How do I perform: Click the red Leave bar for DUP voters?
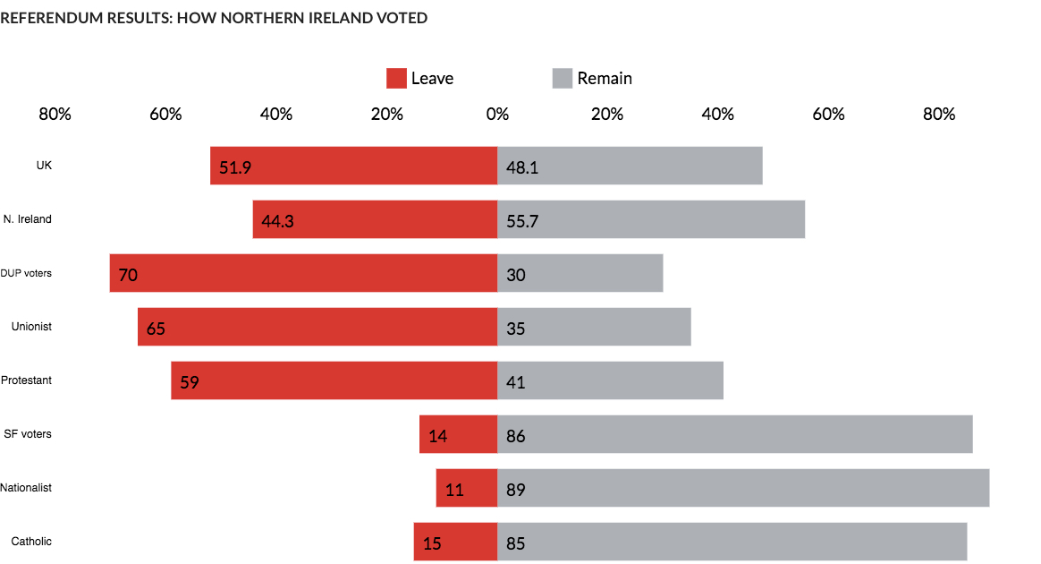(304, 273)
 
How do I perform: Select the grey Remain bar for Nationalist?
(742, 488)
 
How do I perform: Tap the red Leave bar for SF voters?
(458, 434)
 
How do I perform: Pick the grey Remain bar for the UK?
(630, 166)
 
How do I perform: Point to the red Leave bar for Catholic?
(455, 542)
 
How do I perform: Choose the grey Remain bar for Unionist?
(594, 327)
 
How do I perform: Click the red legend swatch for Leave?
(396, 78)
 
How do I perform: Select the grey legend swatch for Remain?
(562, 78)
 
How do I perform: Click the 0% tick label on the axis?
(497, 115)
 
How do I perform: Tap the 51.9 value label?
(234, 167)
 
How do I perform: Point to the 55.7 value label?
(522, 221)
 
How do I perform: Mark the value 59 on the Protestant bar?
(190, 382)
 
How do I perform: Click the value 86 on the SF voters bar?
(515, 436)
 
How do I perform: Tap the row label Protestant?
(26, 380)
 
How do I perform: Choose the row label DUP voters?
(26, 273)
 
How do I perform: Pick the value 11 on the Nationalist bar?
(454, 490)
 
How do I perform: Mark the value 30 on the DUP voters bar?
(515, 275)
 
